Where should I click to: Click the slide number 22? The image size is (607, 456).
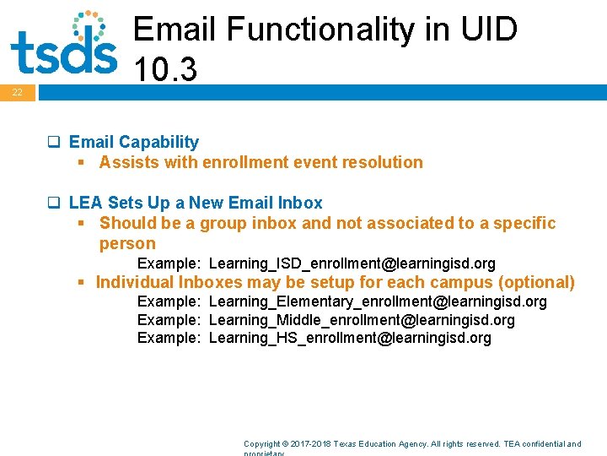coord(17,92)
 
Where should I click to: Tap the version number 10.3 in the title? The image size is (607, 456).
coord(165,70)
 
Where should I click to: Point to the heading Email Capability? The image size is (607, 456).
coord(133,142)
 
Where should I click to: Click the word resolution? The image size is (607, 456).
coord(383,162)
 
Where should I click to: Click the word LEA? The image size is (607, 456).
coord(86,203)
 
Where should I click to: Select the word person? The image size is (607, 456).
coord(127,243)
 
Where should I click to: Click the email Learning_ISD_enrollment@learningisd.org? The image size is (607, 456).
coord(352,263)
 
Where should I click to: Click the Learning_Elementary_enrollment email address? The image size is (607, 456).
coord(377,301)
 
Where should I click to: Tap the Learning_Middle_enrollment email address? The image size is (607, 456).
coord(361,320)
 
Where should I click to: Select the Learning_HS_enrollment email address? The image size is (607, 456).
coord(349,338)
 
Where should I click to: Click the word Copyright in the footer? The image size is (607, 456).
coord(261,443)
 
